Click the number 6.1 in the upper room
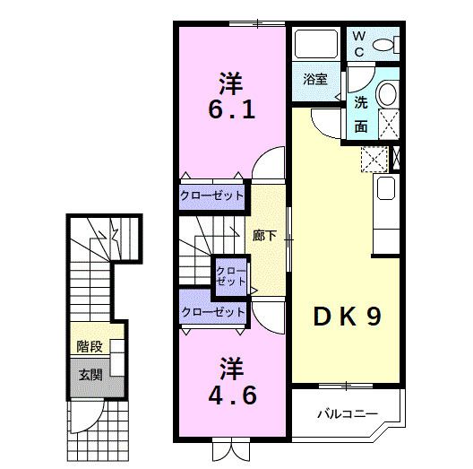231,111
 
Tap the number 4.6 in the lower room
232,394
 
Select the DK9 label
348,317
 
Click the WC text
357,45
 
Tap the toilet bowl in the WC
386,43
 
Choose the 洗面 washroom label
360,114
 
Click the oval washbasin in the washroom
388,93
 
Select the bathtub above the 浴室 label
314,45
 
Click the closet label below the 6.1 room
212,196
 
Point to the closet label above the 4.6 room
212,312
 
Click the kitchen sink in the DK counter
386,188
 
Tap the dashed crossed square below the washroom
373,160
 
